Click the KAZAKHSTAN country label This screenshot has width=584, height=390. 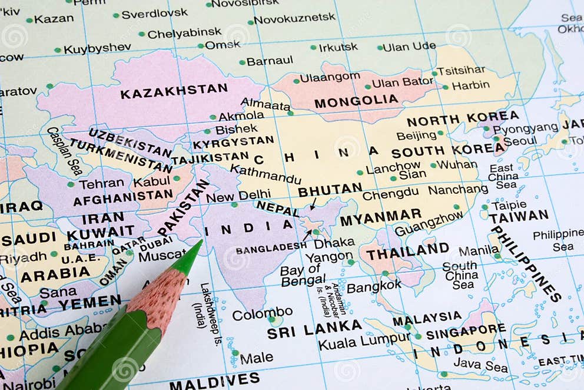[x=174, y=91]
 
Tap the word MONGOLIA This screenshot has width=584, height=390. [x=356, y=101]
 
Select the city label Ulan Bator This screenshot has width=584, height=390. [x=403, y=82]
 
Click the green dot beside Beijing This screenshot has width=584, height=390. [x=440, y=133]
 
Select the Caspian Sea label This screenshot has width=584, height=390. [x=64, y=151]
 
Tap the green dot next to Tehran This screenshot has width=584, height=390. [x=71, y=184]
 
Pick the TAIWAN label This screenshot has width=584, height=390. [x=518, y=216]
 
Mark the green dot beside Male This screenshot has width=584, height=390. [x=235, y=353]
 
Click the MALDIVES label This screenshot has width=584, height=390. [x=214, y=381]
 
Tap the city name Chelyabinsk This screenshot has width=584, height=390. [x=184, y=33]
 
